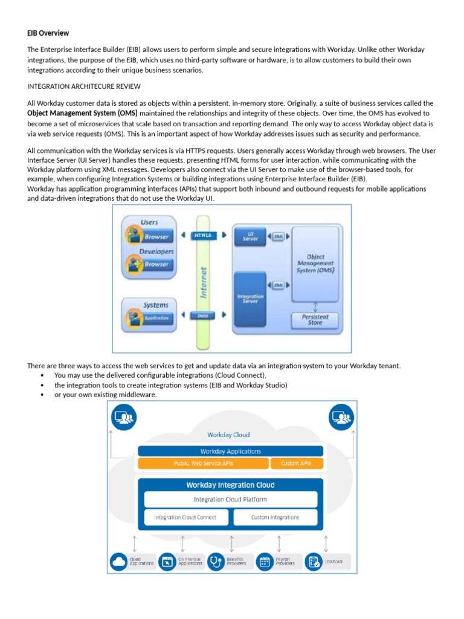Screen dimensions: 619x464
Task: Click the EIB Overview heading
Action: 48,33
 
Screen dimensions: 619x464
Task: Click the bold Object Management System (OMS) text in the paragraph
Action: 82,113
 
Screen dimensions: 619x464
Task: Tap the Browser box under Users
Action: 156,236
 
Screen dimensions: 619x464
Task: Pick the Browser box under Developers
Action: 156,264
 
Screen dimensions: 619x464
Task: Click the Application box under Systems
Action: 156,317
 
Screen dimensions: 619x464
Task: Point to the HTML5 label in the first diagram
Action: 203,236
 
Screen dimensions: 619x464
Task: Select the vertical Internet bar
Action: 203,281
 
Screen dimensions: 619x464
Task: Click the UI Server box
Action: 250,236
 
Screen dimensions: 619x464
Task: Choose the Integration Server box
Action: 250,299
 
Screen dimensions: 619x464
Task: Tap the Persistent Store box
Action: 314,319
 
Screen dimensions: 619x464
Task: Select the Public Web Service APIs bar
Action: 203,464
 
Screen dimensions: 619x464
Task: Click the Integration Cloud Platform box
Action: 230,499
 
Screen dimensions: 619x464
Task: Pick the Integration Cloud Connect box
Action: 185,517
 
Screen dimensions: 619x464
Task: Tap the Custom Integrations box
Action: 275,517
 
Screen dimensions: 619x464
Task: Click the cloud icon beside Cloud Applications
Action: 118,562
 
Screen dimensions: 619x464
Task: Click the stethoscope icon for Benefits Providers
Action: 215,562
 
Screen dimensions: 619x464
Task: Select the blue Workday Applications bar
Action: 230,451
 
